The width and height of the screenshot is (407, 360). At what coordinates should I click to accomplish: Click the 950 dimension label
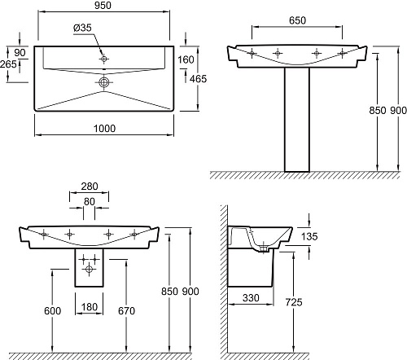103,6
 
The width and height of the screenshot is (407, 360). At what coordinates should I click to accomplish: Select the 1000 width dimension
104,129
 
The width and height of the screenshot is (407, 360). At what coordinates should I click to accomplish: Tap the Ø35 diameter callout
82,28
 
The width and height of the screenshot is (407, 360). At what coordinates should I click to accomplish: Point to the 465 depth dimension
198,79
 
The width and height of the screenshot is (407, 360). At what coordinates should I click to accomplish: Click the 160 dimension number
186,59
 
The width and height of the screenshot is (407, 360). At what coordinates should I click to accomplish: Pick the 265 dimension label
8,64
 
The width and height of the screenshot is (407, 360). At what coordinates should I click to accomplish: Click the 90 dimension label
20,53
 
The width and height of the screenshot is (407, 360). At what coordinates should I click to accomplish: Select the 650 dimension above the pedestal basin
297,20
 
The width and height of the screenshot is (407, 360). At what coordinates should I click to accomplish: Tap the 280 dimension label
90,187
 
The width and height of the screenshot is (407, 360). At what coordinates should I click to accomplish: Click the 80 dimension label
90,202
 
